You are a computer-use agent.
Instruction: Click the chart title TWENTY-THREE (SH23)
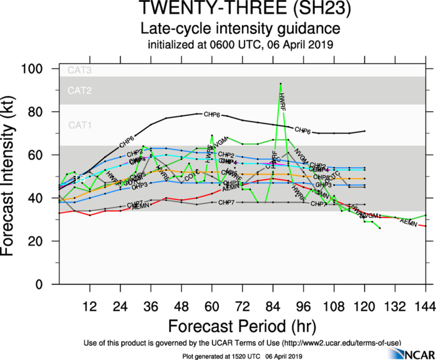click(x=240, y=9)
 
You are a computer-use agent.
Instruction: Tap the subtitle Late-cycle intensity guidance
click(x=240, y=29)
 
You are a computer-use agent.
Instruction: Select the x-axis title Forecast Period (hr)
click(x=240, y=326)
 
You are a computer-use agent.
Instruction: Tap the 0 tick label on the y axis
click(x=47, y=284)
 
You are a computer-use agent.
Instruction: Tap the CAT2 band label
click(x=79, y=91)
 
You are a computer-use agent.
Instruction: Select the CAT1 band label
click(x=79, y=125)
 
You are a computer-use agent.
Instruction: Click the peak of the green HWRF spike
click(x=281, y=83)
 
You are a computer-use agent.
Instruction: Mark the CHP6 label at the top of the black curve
click(x=212, y=115)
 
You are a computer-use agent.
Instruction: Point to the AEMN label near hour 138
click(x=409, y=221)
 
